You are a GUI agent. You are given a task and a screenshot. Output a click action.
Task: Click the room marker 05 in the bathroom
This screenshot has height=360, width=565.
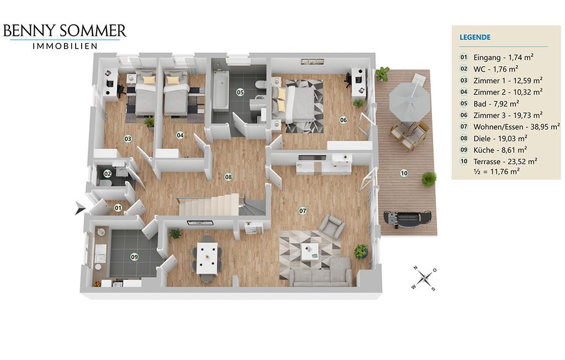[x=240, y=92]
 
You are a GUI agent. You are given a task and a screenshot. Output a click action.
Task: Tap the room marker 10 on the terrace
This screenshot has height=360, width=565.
[x=404, y=173]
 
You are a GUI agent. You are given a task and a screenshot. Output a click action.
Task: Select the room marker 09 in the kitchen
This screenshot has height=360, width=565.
[x=135, y=257]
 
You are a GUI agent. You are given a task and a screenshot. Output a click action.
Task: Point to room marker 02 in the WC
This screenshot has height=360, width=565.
[x=108, y=174]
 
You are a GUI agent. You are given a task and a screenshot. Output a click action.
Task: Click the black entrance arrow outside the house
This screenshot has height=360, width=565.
[x=79, y=208]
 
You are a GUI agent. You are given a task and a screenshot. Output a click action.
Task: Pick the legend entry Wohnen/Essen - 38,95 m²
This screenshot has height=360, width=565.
[x=516, y=127]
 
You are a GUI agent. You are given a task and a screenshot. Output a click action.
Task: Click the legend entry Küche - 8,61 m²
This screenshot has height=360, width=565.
[x=500, y=150]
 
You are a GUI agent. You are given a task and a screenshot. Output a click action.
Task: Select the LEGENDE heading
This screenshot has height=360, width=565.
[x=475, y=37]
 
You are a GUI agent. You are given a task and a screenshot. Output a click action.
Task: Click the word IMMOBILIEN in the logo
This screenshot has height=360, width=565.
[x=65, y=46]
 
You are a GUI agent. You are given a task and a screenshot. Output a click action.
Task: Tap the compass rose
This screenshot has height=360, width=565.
[x=425, y=278]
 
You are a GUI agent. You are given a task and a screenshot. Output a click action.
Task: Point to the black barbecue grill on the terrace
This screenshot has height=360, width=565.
[x=407, y=218]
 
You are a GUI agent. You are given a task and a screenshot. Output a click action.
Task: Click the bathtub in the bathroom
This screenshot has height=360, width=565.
[x=221, y=90]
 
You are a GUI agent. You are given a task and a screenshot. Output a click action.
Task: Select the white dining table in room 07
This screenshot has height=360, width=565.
[x=207, y=258]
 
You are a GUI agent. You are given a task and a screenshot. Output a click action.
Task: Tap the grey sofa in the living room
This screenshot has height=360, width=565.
[x=321, y=272]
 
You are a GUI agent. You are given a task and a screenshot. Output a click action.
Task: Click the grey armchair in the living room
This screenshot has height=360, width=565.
[x=331, y=226]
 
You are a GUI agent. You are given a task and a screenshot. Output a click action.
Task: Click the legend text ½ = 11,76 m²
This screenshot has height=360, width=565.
[x=497, y=171]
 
